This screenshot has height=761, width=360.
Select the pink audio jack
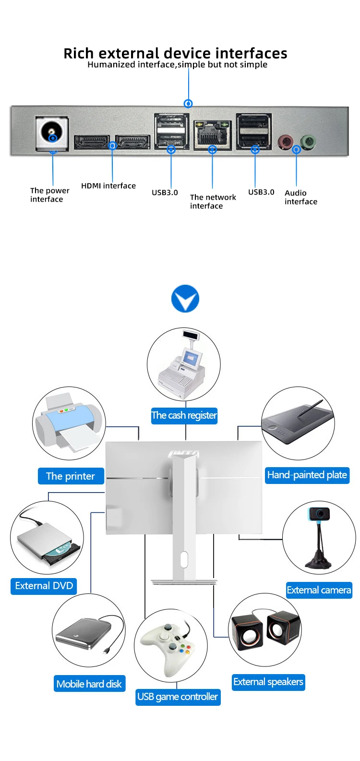coord(286,142)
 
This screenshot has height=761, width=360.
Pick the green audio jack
coord(308,142)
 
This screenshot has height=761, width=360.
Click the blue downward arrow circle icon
coord(185,299)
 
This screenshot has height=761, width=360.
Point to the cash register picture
coord(184,363)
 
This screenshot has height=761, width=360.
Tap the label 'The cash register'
coord(184,415)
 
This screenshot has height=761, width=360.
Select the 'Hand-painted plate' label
coord(307,475)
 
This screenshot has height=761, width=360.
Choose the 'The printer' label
coord(71,476)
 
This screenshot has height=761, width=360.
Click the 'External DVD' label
coord(44,586)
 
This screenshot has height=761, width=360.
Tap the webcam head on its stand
coord(319,514)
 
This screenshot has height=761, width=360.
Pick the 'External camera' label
coord(319,590)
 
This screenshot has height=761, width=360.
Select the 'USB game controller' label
coord(178,697)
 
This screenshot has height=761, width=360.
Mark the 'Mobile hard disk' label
coord(89,684)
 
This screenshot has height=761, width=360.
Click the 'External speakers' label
coord(268,682)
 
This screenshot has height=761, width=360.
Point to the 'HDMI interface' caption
coord(108,186)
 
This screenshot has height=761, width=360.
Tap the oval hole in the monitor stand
coord(184,560)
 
